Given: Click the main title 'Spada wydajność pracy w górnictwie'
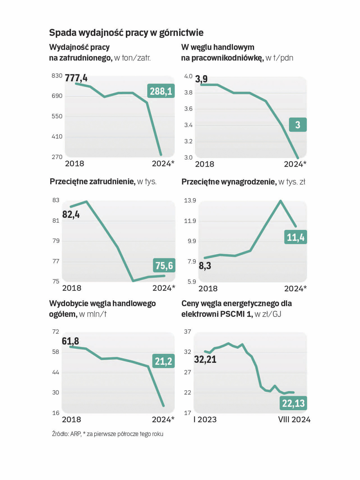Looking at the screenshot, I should [126, 32].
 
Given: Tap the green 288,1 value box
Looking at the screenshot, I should [161, 92].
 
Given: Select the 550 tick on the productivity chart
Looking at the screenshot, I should [57, 116].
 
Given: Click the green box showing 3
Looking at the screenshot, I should [298, 125].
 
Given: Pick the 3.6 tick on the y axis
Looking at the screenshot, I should [188, 109].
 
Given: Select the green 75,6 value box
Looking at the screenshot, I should [164, 266].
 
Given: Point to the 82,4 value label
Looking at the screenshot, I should [71, 214].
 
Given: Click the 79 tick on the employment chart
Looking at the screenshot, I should [56, 241].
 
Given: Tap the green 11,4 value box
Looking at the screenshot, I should [296, 238].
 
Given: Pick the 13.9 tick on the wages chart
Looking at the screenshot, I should [190, 200].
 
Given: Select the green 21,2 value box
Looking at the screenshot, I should [164, 361].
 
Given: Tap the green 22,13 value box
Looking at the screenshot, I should [293, 403].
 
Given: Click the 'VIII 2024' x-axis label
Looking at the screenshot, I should [294, 420].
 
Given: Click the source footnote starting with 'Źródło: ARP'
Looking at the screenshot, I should [107, 434].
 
